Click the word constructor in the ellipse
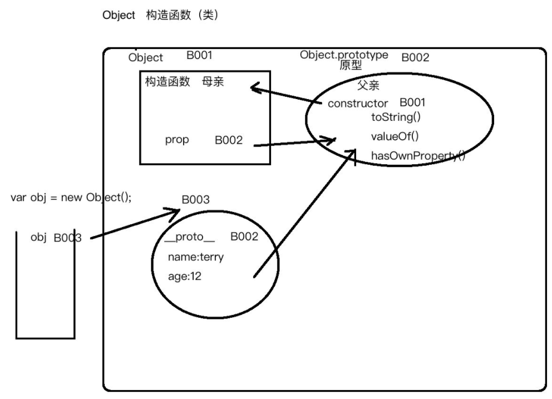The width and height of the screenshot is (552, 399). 358,104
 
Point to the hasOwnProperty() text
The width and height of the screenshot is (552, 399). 418,156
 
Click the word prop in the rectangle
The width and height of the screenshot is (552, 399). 177,140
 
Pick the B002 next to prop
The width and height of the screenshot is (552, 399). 229,141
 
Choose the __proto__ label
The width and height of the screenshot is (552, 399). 189,237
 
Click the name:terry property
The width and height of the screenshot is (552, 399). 195,257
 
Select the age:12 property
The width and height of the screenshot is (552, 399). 185,276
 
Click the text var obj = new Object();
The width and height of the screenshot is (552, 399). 71,198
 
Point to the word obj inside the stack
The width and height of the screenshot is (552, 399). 38,238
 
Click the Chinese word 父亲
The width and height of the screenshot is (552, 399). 368,86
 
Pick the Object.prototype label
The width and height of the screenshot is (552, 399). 344,55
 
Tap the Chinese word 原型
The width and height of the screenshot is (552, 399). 351,66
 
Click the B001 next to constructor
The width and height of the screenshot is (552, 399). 413,103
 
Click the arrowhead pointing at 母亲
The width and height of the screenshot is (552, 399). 254,87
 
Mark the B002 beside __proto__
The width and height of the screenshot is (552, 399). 244,237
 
